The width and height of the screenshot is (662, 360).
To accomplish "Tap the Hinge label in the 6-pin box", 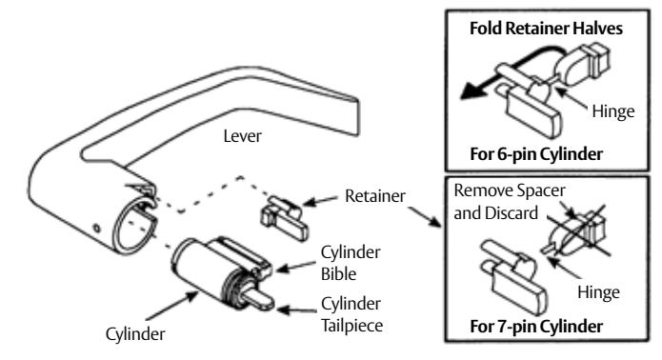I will coord(609,111).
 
